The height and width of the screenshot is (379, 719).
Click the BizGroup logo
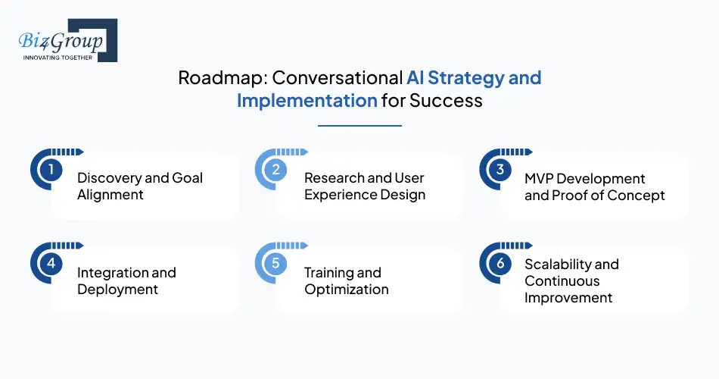[x=64, y=39]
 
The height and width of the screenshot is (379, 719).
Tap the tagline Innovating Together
[x=58, y=57]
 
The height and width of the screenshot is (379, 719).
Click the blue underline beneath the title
[x=359, y=126]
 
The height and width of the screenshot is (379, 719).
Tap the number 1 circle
[x=51, y=170]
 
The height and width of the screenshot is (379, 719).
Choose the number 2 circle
[x=275, y=170]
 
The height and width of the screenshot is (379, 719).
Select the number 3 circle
[x=500, y=170]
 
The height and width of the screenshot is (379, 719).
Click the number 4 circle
[x=51, y=264]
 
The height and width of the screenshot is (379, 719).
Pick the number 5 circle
[x=275, y=264]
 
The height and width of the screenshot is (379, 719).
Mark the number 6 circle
[x=500, y=264]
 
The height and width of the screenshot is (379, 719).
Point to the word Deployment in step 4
[x=118, y=290]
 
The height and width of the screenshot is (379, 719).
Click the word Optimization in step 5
[x=347, y=290]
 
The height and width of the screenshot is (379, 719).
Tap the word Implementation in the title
[x=307, y=100]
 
